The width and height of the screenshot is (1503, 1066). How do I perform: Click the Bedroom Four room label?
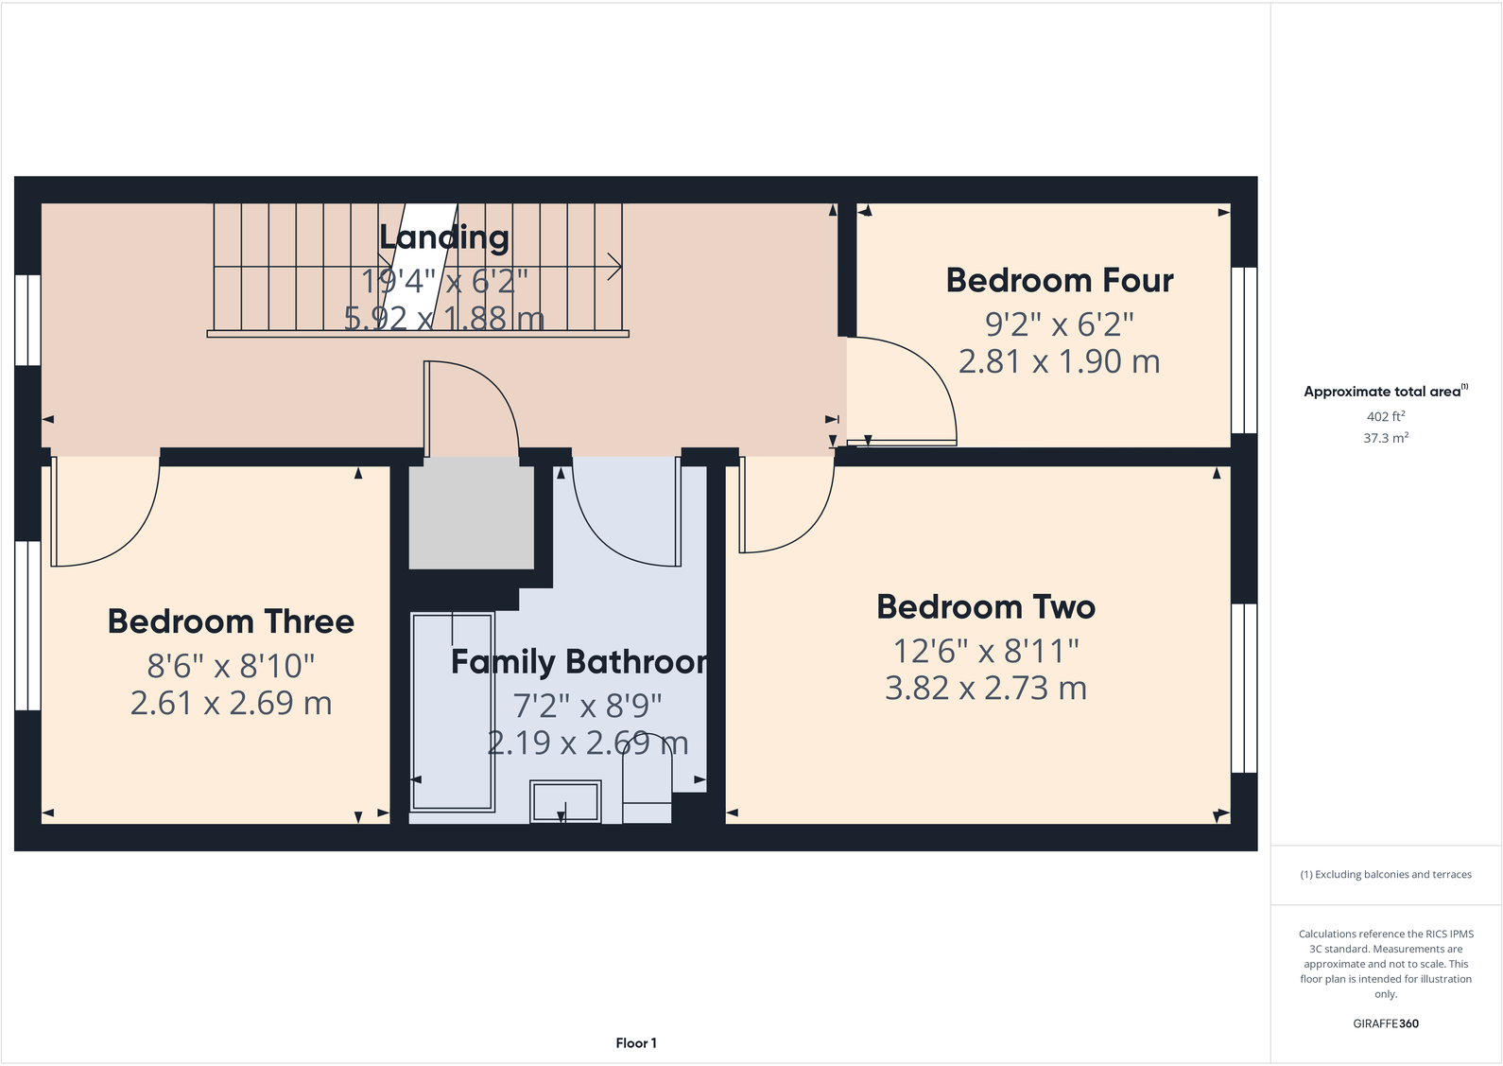(1059, 281)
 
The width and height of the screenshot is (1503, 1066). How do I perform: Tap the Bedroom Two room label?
(985, 607)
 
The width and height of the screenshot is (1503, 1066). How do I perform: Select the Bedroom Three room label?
(231, 622)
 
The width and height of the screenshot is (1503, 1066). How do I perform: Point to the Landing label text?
(444, 237)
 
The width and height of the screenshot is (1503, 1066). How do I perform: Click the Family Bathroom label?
(579, 662)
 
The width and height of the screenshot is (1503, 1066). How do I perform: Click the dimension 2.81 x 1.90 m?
(1059, 361)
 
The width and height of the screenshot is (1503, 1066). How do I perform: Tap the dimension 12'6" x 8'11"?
(985, 651)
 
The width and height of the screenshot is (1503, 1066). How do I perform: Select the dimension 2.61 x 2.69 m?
(231, 704)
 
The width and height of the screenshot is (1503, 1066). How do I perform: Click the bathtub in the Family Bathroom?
(453, 711)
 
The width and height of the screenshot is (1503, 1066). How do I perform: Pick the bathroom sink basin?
(565, 802)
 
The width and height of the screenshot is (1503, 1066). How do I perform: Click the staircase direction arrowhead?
(614, 267)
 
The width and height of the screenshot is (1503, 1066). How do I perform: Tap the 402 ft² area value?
(1385, 416)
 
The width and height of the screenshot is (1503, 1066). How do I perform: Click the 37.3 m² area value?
(1385, 438)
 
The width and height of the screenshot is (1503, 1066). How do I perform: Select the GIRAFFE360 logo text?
(1385, 1023)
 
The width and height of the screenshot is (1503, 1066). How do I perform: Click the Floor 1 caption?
(635, 1043)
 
